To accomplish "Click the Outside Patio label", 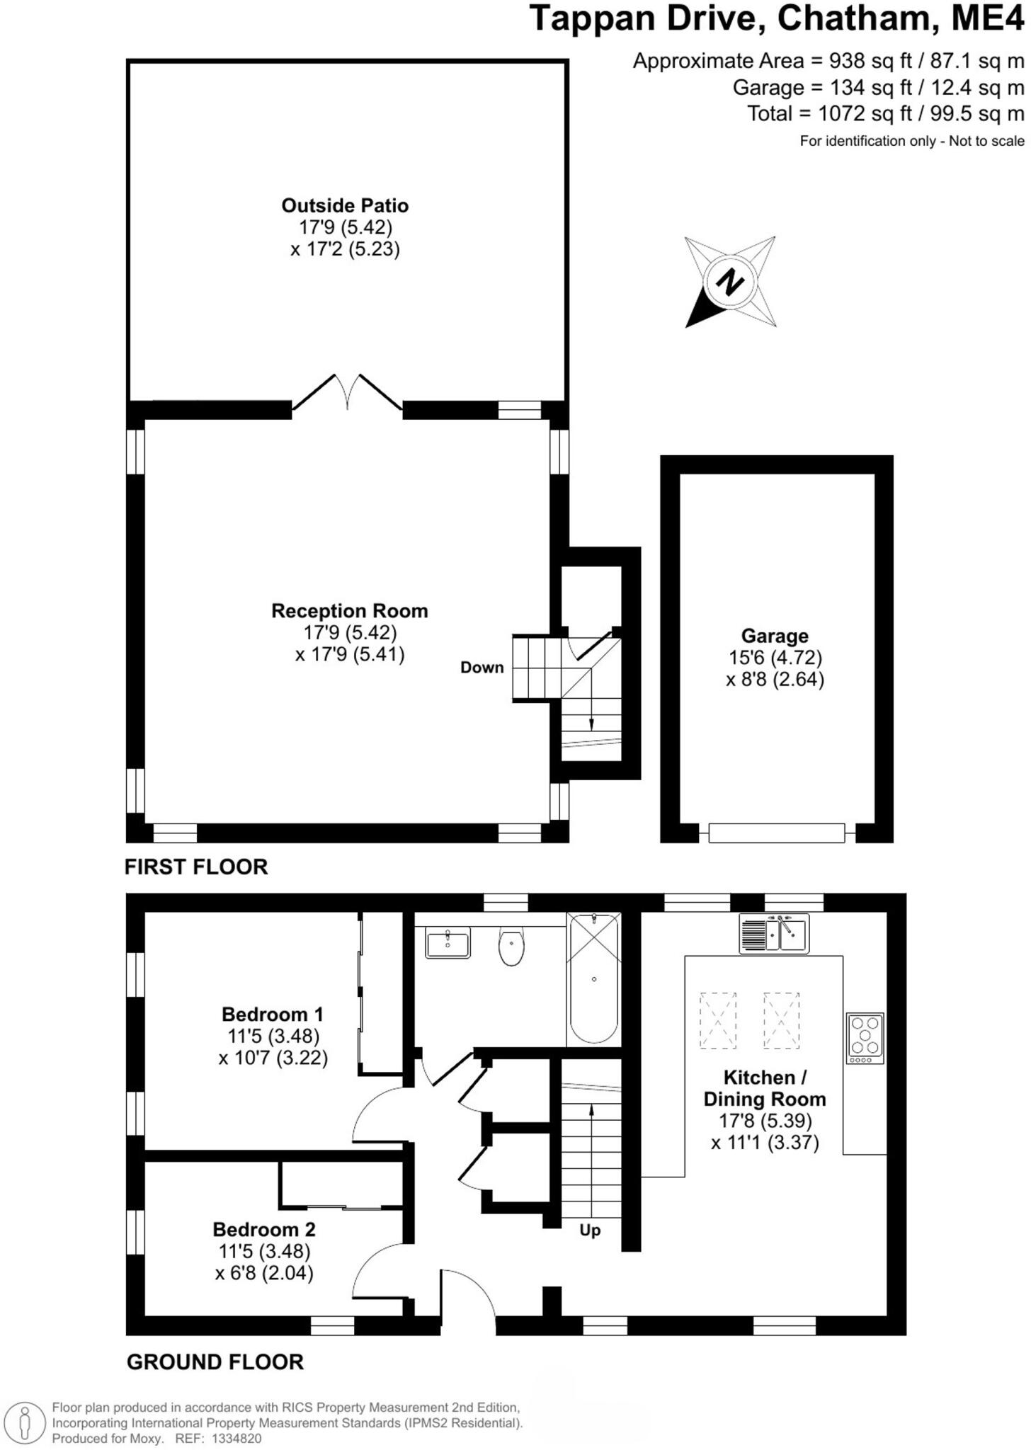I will pyautogui.click(x=345, y=206).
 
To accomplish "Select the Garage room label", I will pyautogui.click(x=775, y=636).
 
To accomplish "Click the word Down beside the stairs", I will pyautogui.click(x=482, y=668).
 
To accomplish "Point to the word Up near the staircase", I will pyautogui.click(x=590, y=1230).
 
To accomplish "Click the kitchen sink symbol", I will pyautogui.click(x=774, y=933).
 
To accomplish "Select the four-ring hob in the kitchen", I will pyautogui.click(x=865, y=1037).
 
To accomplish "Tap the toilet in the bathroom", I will pyautogui.click(x=511, y=947).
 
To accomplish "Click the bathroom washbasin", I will pyautogui.click(x=448, y=943).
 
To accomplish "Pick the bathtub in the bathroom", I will pyautogui.click(x=594, y=979).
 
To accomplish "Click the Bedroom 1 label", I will pyautogui.click(x=273, y=1014).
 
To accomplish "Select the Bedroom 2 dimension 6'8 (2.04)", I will pyautogui.click(x=264, y=1273).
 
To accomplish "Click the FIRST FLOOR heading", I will pyautogui.click(x=196, y=867).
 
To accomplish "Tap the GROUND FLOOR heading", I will pyautogui.click(x=215, y=1361).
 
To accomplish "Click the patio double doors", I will pyautogui.click(x=347, y=393).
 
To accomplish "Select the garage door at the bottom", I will pyautogui.click(x=777, y=833).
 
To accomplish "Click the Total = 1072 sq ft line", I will pyautogui.click(x=885, y=113).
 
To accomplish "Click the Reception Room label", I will pyautogui.click(x=350, y=611).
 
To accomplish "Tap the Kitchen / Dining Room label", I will pyautogui.click(x=765, y=1088).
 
